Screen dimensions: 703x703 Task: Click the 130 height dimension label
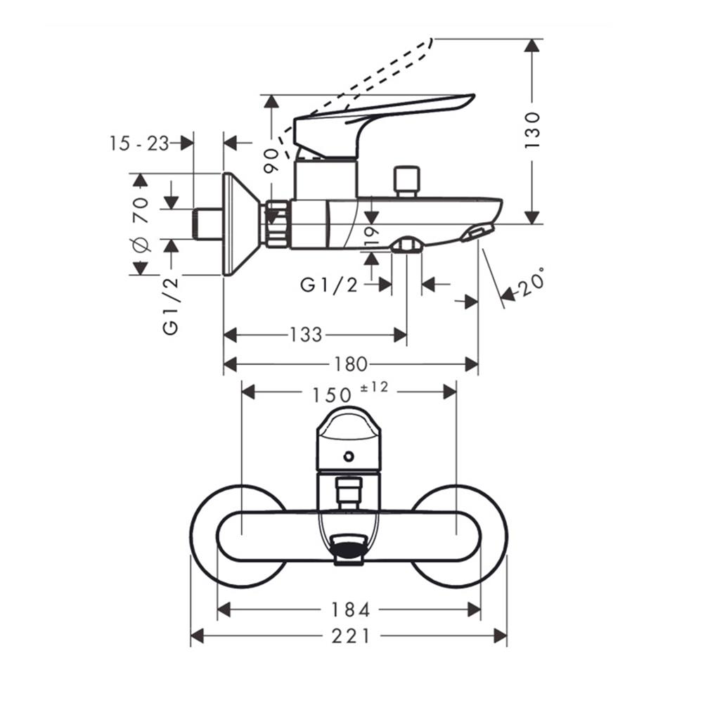[532, 129]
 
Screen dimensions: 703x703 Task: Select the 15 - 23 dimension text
[139, 143]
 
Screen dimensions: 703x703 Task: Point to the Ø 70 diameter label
[140, 224]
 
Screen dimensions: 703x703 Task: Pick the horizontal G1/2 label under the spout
[329, 285]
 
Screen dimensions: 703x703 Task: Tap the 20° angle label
[531, 284]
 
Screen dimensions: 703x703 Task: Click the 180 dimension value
[351, 364]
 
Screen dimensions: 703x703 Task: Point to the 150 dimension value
[330, 396]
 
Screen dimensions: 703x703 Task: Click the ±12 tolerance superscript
[375, 387]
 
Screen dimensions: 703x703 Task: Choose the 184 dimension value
[351, 610]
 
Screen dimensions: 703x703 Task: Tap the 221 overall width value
[351, 636]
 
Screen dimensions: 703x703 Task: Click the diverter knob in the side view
[406, 181]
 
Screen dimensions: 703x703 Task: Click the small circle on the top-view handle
[348, 456]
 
